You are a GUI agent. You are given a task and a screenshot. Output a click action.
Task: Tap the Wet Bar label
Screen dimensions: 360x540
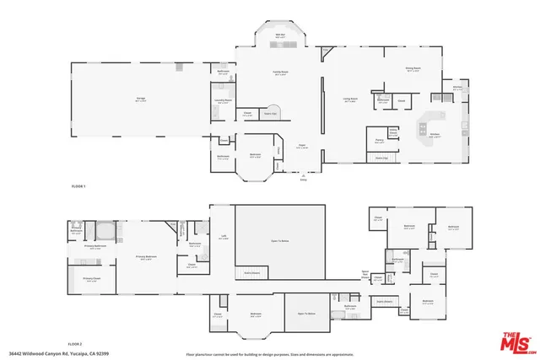pos(279,35)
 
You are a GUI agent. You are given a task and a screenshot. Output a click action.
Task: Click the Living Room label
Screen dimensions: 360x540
pos(351,99)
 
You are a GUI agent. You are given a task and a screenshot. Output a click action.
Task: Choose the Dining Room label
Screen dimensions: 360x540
pos(413,72)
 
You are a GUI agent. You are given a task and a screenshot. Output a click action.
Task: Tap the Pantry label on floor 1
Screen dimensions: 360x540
pos(380,142)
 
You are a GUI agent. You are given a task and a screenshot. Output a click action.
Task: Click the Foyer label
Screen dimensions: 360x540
pos(300,147)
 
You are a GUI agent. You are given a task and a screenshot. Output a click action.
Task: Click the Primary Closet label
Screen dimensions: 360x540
pos(92,279)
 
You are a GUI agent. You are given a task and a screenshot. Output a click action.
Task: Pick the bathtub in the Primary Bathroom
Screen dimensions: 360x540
pos(106,230)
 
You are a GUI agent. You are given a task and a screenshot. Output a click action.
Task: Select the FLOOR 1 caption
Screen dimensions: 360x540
pos(78,185)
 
